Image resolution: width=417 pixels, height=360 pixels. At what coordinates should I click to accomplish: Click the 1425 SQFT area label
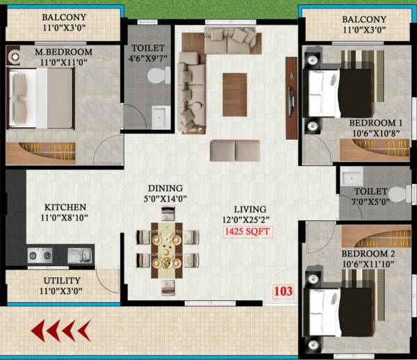click(x=248, y=232)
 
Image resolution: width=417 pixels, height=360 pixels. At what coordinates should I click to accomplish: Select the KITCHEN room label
click(x=65, y=207)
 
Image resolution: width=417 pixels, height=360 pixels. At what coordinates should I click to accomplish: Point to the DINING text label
click(x=165, y=188)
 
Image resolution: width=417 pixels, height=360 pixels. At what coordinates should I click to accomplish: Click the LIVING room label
click(x=250, y=208)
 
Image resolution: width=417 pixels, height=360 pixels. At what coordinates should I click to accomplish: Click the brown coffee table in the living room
click(x=235, y=93)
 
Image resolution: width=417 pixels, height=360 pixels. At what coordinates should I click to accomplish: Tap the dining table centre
click(x=166, y=248)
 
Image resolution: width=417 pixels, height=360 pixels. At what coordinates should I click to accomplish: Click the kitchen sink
click(x=77, y=256)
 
